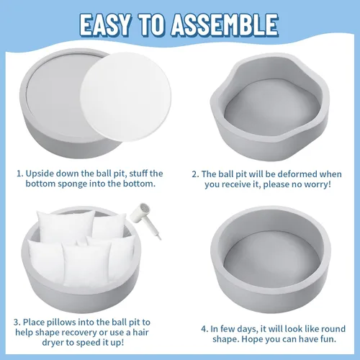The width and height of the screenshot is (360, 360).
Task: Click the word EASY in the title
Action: click(106, 24)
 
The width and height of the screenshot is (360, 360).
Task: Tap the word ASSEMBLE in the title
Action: click(225, 24)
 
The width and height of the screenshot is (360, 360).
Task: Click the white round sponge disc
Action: click(126, 96)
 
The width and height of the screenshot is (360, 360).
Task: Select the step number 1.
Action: click(19, 174)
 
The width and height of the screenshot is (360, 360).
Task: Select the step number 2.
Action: click(195, 174)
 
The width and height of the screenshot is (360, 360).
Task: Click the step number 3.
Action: click(17, 322)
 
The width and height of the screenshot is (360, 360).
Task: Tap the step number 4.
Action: click(204, 329)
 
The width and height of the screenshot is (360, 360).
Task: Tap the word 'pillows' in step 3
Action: click(61, 322)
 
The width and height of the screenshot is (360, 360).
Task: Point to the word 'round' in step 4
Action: click(333, 329)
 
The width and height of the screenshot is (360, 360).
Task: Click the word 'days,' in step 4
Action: click(248, 329)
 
